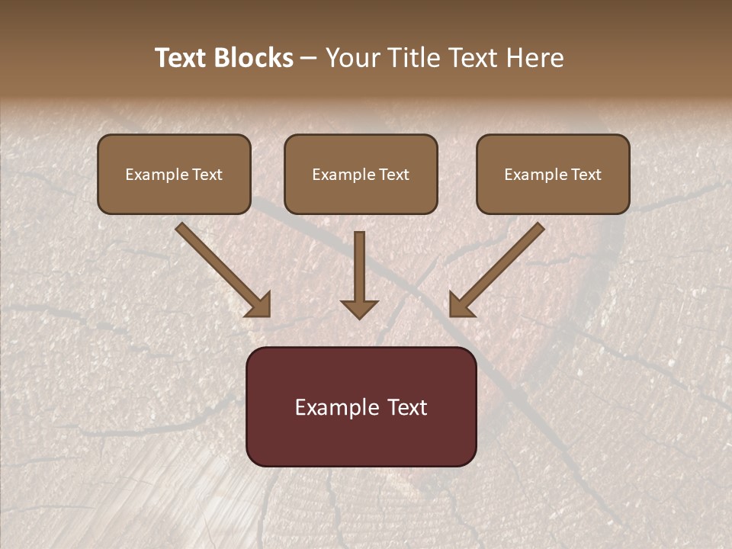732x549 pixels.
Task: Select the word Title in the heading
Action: (413, 58)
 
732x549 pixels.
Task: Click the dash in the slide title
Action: (309, 58)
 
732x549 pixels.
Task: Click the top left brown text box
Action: (174, 174)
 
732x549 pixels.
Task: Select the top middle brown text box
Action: (361, 174)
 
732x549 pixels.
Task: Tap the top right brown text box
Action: (553, 174)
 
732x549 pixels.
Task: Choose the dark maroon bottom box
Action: (361, 406)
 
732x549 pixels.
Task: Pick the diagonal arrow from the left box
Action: (221, 268)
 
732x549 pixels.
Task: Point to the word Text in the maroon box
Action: (408, 407)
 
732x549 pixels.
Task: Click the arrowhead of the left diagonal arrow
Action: (258, 305)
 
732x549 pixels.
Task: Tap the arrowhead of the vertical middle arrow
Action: (359, 308)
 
